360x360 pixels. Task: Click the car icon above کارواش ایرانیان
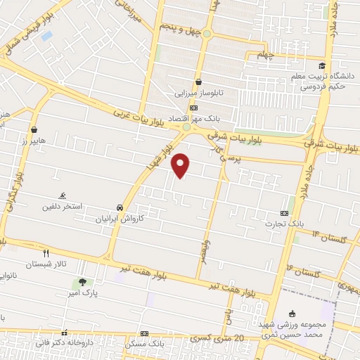(x=121, y=208)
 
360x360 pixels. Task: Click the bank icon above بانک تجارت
(x=284, y=213)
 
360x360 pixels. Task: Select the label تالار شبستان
(x=46, y=264)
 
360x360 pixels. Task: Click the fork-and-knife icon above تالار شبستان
(x=46, y=253)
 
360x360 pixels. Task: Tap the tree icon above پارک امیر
(x=83, y=282)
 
